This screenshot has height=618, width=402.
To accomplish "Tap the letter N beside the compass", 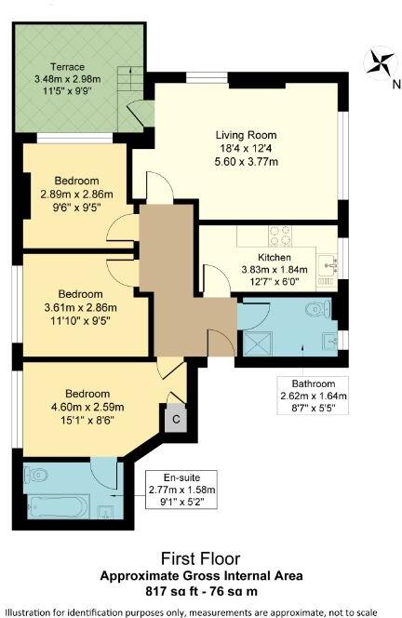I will [395, 84].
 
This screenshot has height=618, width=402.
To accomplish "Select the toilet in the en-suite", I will [34, 474].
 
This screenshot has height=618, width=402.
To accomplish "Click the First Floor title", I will [201, 558].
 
